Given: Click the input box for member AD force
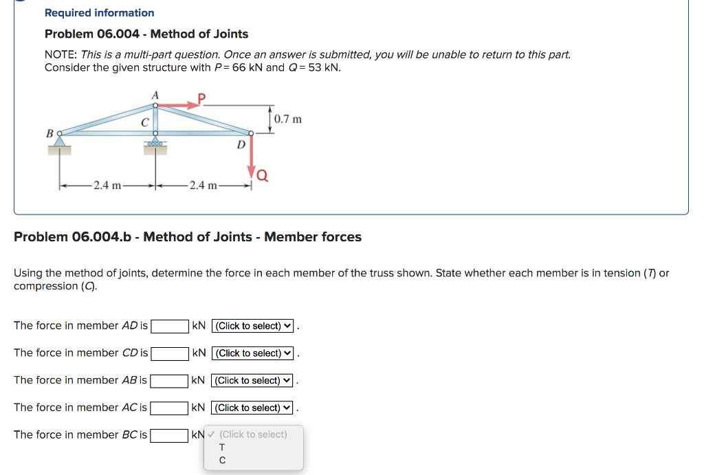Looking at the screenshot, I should tap(170, 326).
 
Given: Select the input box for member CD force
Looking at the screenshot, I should tap(170, 353).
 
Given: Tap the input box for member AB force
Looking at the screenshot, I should tap(170, 380).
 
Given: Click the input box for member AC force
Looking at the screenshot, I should tap(170, 408).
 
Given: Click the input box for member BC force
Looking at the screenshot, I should tap(170, 434).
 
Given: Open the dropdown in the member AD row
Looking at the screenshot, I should tap(253, 326).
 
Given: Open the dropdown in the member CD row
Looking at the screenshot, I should tap(253, 353).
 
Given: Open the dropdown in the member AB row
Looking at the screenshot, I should tap(252, 380).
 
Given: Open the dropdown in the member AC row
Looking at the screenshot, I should tap(252, 408).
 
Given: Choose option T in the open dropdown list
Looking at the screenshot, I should tap(222, 448).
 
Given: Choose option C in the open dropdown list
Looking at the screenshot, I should tap(222, 461).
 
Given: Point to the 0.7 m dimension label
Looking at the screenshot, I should tap(287, 119).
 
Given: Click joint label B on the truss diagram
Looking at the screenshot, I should tap(49, 132).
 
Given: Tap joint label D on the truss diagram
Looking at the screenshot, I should tap(241, 144).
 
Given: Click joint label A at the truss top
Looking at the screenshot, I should tap(155, 94).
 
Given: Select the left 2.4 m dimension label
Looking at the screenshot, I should tap(107, 185).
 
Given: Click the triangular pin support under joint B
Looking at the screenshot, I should tap(60, 141).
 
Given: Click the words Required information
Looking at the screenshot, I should tap(100, 12).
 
